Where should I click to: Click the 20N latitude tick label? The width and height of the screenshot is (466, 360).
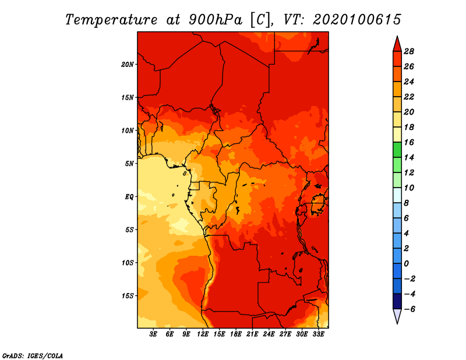128,65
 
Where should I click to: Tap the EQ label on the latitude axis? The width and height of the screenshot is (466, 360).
129,197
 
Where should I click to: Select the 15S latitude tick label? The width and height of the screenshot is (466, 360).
128,296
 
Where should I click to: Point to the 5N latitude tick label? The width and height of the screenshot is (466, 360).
129,164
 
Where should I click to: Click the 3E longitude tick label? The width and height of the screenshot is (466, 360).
153,334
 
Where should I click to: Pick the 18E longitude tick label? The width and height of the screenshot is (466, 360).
236,334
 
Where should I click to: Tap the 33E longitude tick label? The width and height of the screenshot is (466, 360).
318,334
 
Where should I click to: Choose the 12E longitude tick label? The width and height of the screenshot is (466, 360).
203,334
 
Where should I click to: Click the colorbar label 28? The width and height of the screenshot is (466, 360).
409,51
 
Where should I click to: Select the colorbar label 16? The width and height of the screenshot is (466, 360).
409,142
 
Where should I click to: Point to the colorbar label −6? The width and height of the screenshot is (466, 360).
409,309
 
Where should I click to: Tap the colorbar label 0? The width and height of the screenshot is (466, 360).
406,264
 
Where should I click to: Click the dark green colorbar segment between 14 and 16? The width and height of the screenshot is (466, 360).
397,150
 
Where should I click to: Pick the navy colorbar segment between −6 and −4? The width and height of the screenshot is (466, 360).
397,301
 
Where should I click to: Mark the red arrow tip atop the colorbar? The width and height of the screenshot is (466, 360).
397,36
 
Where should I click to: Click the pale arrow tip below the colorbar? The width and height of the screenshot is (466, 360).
397,323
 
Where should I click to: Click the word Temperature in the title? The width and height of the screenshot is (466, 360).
111,20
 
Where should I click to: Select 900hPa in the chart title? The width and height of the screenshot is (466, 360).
215,20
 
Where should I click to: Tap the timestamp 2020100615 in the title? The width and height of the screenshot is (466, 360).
357,20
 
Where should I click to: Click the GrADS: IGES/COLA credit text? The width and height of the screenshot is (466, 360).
33,356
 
